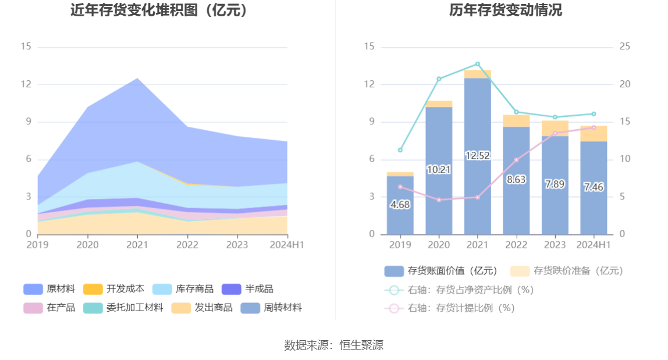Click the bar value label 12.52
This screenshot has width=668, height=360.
[477, 155]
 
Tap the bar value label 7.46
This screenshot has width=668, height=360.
[594, 187]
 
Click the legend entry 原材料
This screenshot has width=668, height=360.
[50, 289]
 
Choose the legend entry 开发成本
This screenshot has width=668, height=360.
[114, 289]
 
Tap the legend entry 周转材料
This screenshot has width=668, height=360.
[272, 308]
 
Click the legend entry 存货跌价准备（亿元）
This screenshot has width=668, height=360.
[567, 270]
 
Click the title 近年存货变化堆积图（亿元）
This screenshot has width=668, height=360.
[159, 10]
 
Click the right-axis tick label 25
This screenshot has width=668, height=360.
[625, 47]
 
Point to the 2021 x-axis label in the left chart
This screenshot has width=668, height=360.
[137, 245]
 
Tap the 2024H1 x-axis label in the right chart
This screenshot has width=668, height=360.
[594, 245]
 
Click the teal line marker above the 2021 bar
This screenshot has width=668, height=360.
[478, 64]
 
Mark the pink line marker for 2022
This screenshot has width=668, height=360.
[516, 160]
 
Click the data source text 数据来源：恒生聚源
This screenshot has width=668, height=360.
[333, 345]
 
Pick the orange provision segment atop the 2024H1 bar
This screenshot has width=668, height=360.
[594, 134]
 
